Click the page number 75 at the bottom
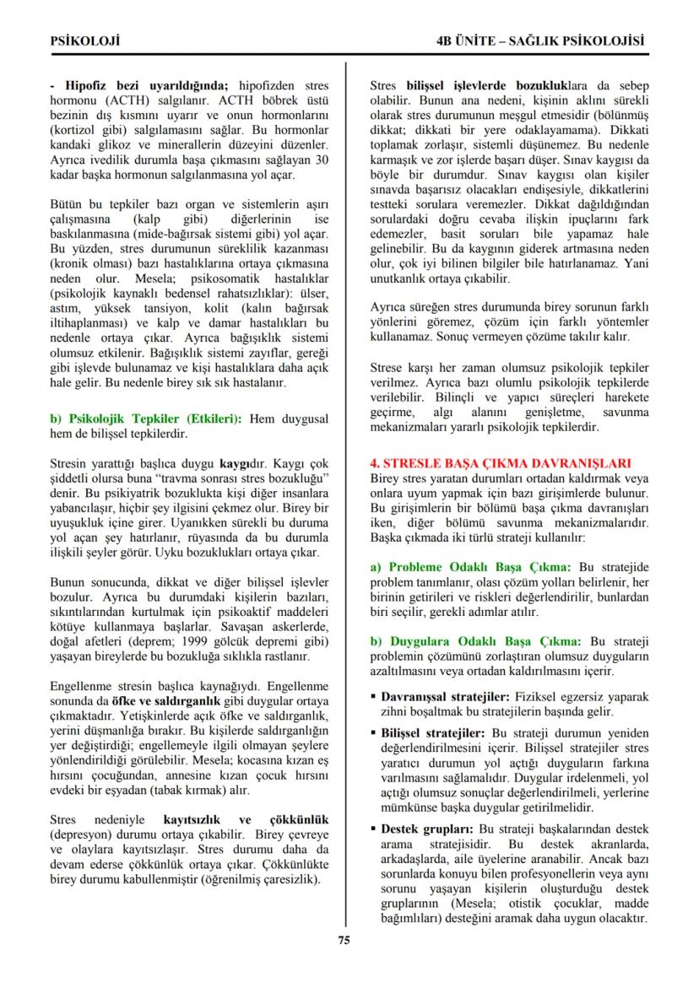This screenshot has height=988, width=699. click(344, 941)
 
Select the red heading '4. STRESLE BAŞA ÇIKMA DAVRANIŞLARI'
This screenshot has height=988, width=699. click(501, 462)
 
